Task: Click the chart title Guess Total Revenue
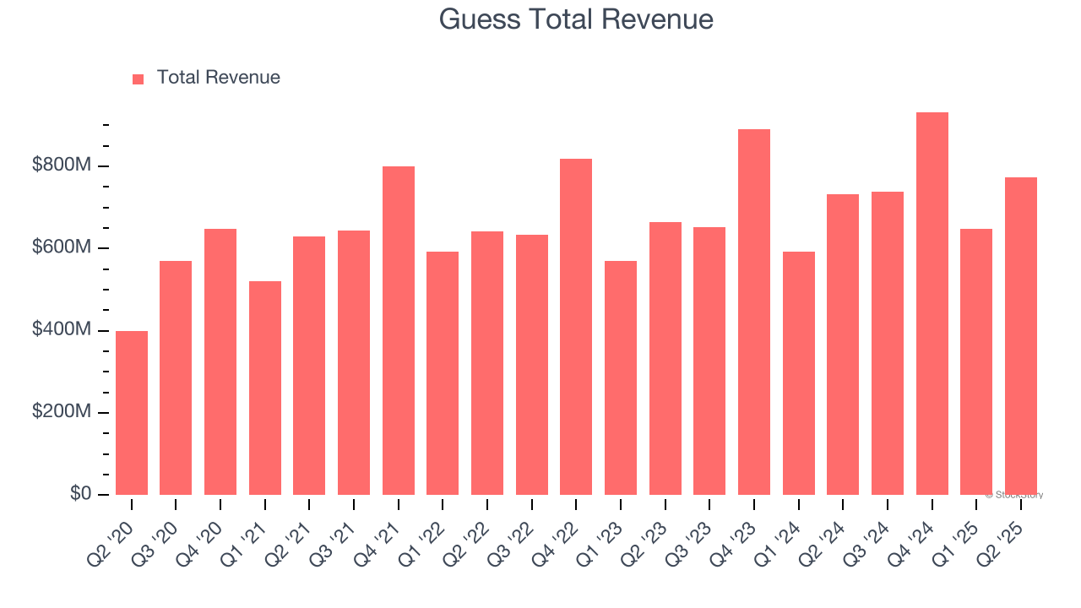[576, 19]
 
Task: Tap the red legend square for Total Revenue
[139, 79]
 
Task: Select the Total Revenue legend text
[218, 78]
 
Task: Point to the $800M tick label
[61, 166]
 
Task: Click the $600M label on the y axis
[61, 247]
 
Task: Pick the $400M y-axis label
[61, 329]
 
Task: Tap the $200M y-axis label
[61, 412]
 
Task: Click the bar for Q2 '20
[132, 413]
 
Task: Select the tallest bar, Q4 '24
[932, 304]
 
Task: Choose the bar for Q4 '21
[399, 331]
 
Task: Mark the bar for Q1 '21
[265, 388]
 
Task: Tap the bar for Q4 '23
[754, 312]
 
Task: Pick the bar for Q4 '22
[576, 327]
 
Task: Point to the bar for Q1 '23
[621, 378]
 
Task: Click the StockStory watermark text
[1014, 495]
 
